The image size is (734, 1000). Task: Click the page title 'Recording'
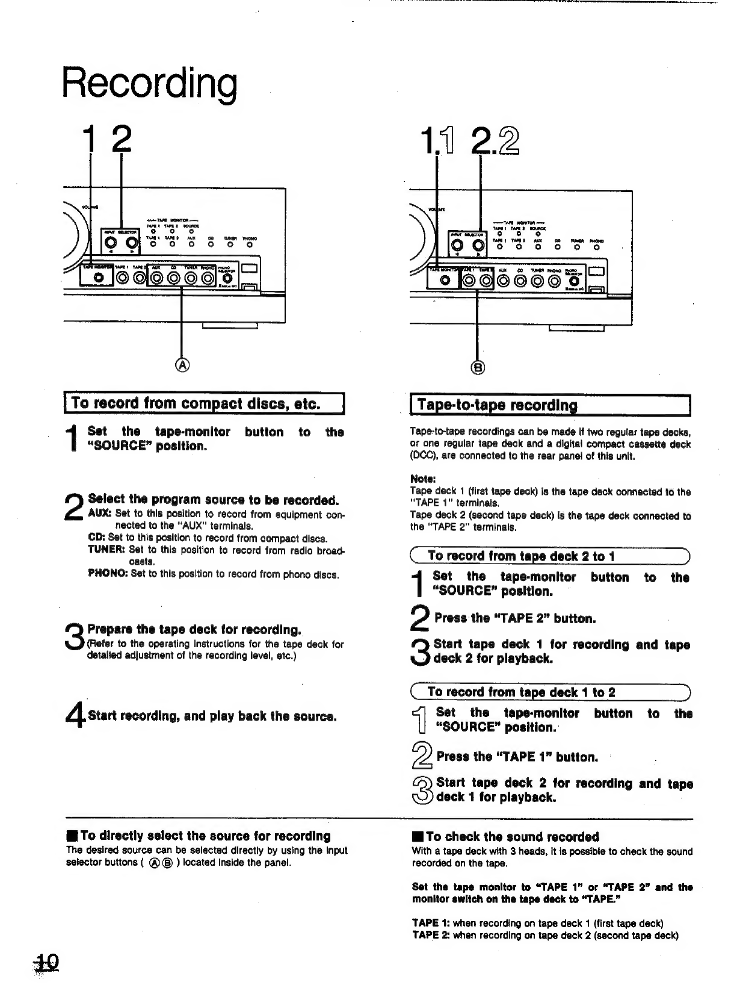tap(150, 84)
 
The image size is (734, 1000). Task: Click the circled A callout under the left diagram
tap(182, 365)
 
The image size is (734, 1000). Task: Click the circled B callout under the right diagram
tap(478, 367)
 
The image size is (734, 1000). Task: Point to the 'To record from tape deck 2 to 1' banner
tap(521, 556)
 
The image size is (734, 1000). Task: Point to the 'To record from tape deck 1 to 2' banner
tap(521, 692)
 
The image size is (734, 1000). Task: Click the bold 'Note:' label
tap(422, 479)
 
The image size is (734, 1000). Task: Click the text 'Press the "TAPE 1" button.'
tap(517, 757)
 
